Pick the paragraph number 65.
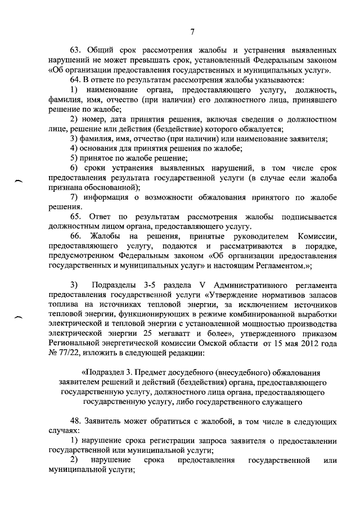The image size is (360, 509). [x=75, y=217]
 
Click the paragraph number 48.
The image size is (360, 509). [x=75, y=421]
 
